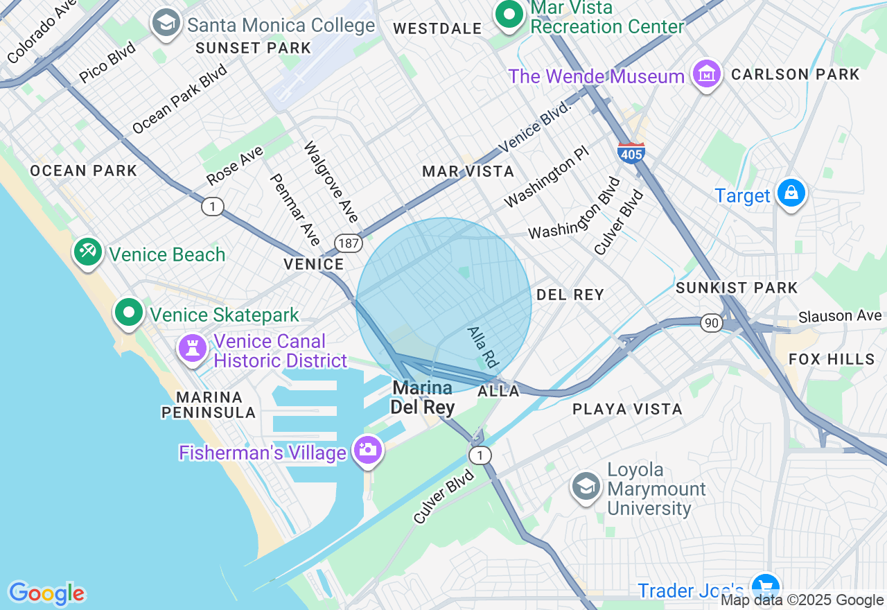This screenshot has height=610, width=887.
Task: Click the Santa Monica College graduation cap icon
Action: tap(166, 24)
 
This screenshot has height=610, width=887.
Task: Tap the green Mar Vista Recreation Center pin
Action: tap(510, 14)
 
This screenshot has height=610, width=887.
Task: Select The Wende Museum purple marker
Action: tap(706, 75)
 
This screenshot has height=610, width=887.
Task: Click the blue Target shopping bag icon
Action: tap(791, 193)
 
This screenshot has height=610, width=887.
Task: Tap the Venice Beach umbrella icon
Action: tap(88, 252)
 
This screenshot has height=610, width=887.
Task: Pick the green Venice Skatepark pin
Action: tap(129, 313)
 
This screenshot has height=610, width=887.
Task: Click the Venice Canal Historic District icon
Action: tap(193, 348)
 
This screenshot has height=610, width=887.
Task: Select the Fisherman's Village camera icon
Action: tap(367, 450)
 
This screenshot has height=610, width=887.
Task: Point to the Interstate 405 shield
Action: tap(631, 152)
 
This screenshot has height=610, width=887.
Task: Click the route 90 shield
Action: tap(711, 322)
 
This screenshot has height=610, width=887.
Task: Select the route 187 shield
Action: tap(348, 243)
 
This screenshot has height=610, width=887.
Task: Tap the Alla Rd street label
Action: tap(483, 347)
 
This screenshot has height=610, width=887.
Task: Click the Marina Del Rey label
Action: tap(422, 397)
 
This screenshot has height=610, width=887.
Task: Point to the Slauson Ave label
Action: tap(839, 316)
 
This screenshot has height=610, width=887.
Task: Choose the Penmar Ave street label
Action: tap(295, 209)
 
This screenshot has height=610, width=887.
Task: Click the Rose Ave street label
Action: tap(234, 166)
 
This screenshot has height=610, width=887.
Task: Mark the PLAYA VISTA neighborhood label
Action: tap(627, 409)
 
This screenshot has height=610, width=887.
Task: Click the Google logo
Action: tap(46, 593)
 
